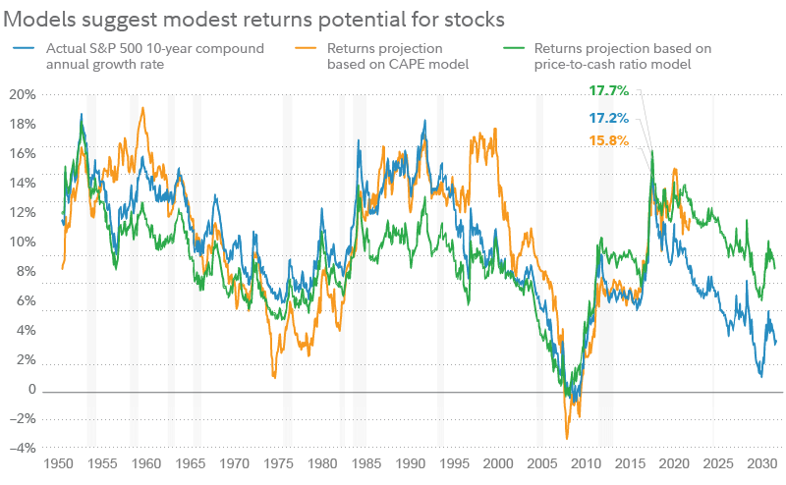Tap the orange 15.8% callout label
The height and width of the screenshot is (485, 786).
tap(608, 139)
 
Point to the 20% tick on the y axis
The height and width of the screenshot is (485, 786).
tap(23, 95)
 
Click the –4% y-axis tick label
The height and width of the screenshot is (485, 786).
tap(21, 449)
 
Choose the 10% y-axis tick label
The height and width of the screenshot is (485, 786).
tap(23, 242)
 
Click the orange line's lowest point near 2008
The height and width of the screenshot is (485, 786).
tap(567, 438)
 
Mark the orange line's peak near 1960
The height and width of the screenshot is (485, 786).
tap(144, 108)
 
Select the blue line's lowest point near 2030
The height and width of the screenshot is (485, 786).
tap(760, 376)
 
